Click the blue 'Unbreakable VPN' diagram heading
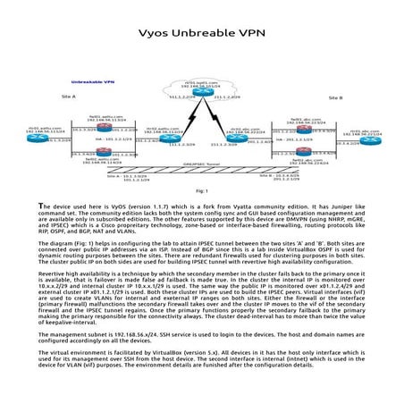92,81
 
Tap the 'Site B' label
335,97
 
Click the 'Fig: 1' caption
201,190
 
